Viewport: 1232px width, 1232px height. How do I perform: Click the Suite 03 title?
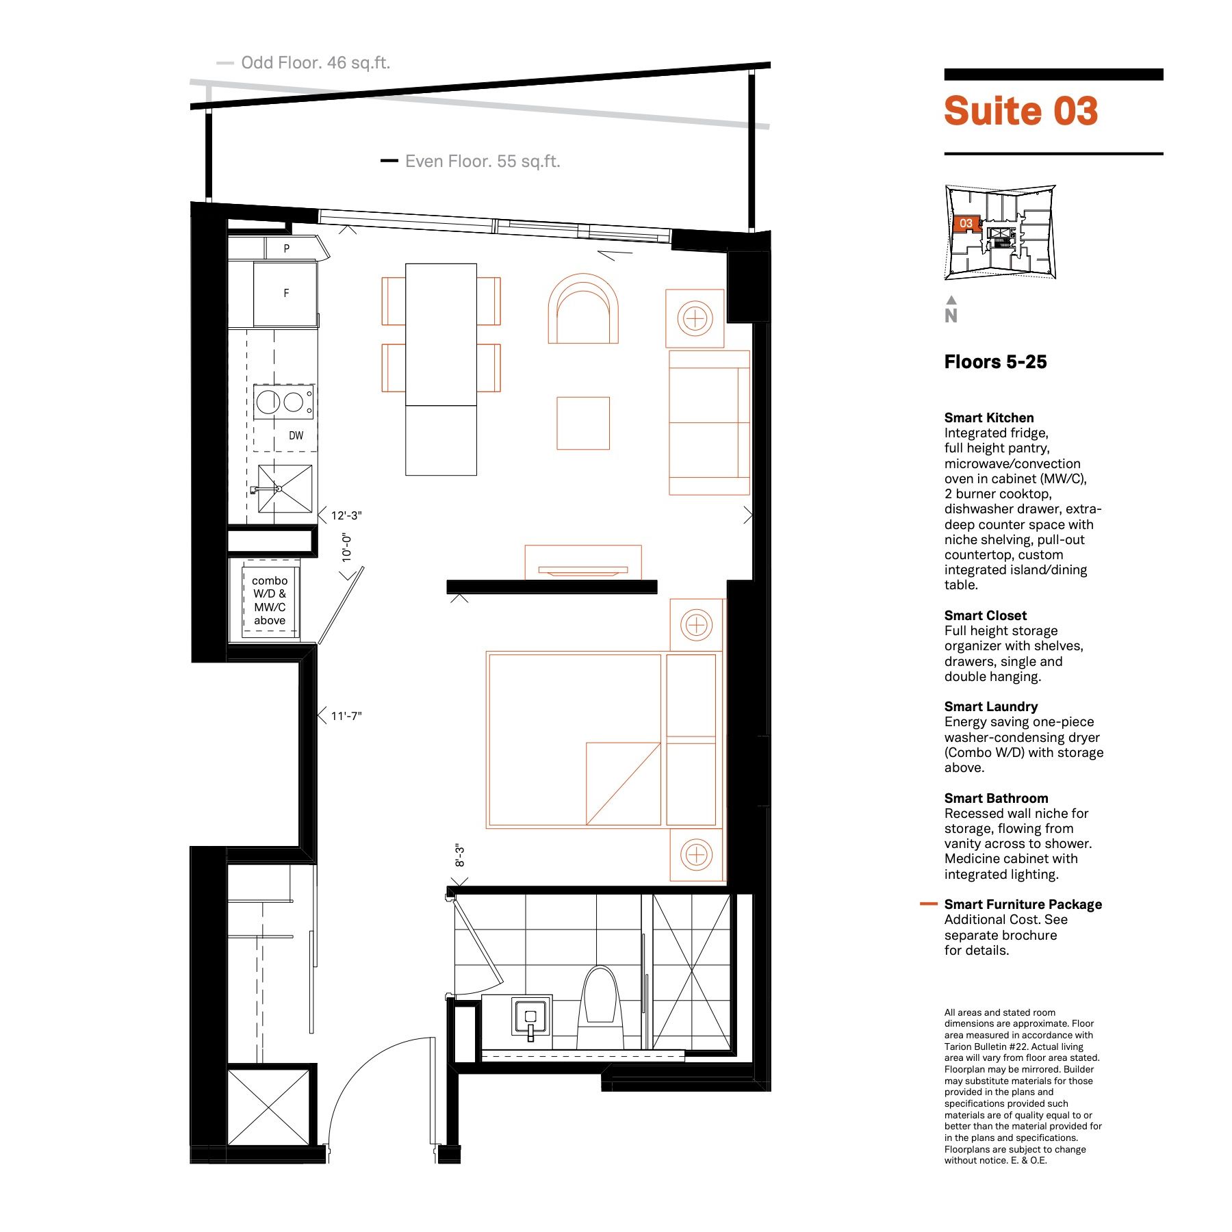(x=1021, y=111)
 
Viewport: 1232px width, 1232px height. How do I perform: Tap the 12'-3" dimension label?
(x=346, y=515)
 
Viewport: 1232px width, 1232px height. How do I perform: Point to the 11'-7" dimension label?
(x=346, y=716)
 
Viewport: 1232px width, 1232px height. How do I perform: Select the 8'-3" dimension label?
(x=460, y=856)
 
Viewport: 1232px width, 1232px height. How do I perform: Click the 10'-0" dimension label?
(x=347, y=548)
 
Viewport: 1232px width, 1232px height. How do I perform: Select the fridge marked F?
(x=285, y=293)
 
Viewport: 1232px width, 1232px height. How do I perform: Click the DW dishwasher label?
(x=296, y=435)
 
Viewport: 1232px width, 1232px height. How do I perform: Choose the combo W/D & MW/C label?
(x=270, y=600)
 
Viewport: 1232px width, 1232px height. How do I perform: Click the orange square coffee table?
(x=583, y=423)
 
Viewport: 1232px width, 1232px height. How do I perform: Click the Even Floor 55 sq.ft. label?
(x=483, y=162)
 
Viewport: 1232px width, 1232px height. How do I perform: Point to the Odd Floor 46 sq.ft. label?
(x=316, y=63)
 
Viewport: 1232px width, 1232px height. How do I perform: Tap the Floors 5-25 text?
(x=995, y=362)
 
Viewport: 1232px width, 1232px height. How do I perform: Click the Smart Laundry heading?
(x=991, y=706)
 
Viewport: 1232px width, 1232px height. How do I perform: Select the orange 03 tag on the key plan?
(x=966, y=223)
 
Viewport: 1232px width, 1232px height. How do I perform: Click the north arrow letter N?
(x=951, y=316)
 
